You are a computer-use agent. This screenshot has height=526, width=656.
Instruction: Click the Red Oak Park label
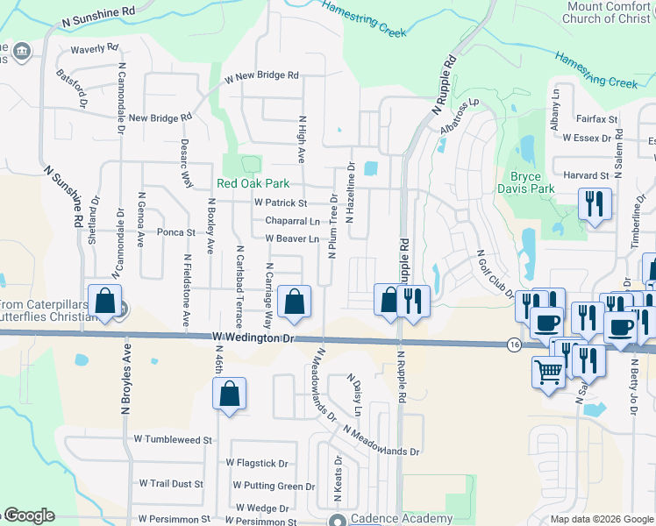(x=253, y=185)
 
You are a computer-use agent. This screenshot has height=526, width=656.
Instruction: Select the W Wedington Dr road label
(x=250, y=338)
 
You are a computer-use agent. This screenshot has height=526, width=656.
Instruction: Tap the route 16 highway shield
(x=514, y=346)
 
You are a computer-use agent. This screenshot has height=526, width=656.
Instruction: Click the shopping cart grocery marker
(x=549, y=372)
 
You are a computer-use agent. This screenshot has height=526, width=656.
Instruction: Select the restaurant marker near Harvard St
(x=595, y=205)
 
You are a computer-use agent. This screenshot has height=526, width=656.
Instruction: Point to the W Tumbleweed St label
(x=174, y=439)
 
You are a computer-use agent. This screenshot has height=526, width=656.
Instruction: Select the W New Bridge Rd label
(x=261, y=76)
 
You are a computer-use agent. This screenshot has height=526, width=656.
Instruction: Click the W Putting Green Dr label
(x=274, y=486)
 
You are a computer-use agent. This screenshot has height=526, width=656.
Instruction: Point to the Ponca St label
(x=175, y=232)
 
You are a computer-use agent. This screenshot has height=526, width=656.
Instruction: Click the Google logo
(x=28, y=515)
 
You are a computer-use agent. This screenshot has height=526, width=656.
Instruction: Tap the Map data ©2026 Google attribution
(x=601, y=519)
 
